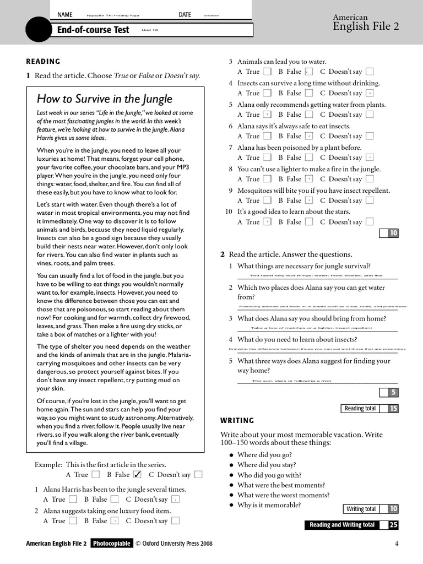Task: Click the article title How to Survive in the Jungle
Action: pos(104,99)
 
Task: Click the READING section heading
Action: pos(44,62)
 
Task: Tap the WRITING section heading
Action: pos(237,421)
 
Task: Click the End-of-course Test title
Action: pos(93,30)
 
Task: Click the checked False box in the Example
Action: pos(138,474)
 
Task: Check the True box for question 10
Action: pos(267,222)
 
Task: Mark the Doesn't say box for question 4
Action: pos(370,93)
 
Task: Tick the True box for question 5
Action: pos(267,115)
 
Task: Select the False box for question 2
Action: pos(115,520)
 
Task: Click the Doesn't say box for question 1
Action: pos(176,500)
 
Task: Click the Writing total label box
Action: pos(361,509)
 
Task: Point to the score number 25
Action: pos(393,525)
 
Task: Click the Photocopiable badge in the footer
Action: pos(112,544)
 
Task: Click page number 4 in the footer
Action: pos(397,544)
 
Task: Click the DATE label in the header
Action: pos(185,15)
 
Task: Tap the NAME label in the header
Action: pos(65,15)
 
